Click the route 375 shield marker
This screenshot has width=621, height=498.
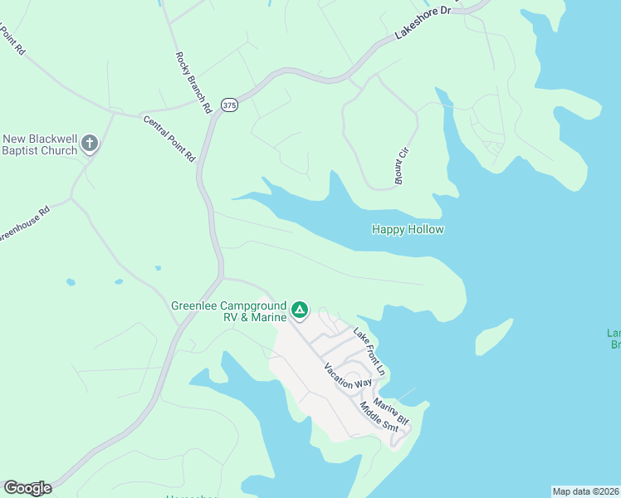pos(229,105)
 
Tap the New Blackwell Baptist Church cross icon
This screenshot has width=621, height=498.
pos(90,144)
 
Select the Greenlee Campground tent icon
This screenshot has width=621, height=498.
pos(300,311)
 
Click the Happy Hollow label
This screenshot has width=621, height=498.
pos(408,230)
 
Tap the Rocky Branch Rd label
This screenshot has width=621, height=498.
pos(193,82)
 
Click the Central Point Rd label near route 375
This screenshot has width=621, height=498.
pos(169,138)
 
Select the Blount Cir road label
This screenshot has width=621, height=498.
pos(403,159)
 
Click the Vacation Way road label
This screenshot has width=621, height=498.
pos(348,377)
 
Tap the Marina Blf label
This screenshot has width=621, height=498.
pos(391,410)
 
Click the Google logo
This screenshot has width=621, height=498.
pos(27,488)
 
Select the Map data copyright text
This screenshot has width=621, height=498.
pos(585,491)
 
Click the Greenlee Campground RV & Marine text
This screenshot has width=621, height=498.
pos(228,310)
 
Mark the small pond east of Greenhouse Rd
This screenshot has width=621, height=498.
pos(158,268)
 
